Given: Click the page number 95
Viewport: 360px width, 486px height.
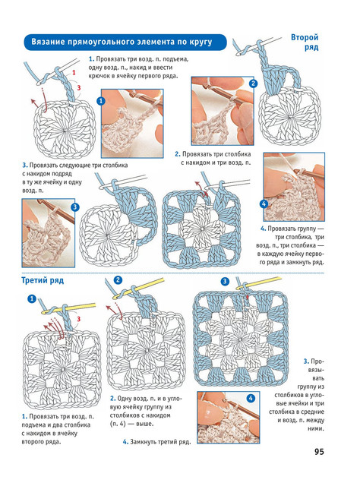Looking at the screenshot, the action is pyautogui.click(x=319, y=452).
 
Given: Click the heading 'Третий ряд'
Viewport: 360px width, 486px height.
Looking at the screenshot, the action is pyautogui.click(x=43, y=280).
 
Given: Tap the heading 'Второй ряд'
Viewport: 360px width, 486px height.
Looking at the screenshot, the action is pyautogui.click(x=305, y=43).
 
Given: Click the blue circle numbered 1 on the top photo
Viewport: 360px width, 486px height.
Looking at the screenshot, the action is pyautogui.click(x=101, y=101).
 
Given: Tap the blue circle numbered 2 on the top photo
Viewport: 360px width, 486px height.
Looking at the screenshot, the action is pyautogui.click(x=254, y=84).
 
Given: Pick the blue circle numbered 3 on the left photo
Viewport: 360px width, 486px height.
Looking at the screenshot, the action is pyautogui.click(x=75, y=207).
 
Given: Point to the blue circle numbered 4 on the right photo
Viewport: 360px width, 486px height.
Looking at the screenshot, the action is pyautogui.click(x=264, y=204).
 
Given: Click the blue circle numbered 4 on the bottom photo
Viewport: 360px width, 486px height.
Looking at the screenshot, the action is pyautogui.click(x=251, y=398).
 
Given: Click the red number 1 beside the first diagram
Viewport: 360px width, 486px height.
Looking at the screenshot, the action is pyautogui.click(x=74, y=73).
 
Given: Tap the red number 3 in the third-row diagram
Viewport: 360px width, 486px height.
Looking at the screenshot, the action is pyautogui.click(x=79, y=319).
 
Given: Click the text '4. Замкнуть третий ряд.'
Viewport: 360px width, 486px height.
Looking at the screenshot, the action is pyautogui.click(x=157, y=442).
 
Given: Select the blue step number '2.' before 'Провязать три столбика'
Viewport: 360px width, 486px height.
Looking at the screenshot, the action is pyautogui.click(x=178, y=154).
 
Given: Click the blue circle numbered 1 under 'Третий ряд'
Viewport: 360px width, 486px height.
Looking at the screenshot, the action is pyautogui.click(x=32, y=298).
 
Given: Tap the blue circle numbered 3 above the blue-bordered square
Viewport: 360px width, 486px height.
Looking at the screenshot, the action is pyautogui.click(x=225, y=282).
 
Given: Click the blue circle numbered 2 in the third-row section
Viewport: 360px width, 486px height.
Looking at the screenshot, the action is pyautogui.click(x=118, y=280).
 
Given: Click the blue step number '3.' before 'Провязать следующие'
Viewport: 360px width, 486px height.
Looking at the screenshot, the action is pyautogui.click(x=25, y=166).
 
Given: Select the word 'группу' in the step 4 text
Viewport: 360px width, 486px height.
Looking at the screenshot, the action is pyautogui.click(x=307, y=229).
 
